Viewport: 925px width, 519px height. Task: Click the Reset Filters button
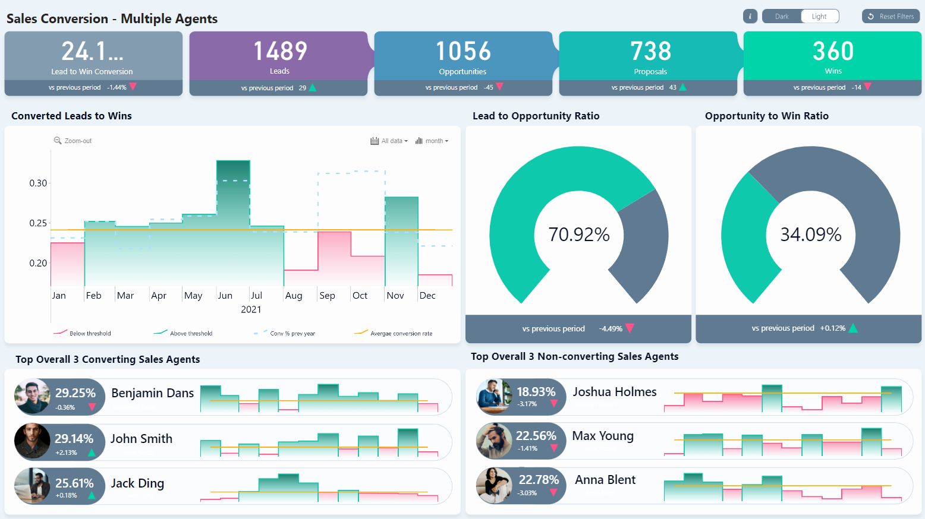(x=891, y=17)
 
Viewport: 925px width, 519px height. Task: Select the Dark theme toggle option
(x=782, y=17)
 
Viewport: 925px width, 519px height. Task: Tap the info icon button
(x=750, y=17)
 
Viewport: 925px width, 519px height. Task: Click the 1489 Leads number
(x=280, y=52)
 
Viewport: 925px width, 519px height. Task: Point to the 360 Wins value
(x=833, y=52)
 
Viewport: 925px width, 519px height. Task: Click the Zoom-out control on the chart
(x=73, y=141)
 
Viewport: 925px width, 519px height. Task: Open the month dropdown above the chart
(x=432, y=141)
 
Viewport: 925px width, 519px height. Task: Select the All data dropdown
(x=389, y=141)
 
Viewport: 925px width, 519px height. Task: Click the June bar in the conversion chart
(x=233, y=226)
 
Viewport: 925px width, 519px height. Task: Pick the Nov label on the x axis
(x=395, y=296)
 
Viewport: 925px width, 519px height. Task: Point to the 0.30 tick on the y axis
(x=38, y=183)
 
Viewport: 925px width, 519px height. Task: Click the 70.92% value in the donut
(x=578, y=235)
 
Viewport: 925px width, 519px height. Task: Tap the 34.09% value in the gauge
(x=810, y=235)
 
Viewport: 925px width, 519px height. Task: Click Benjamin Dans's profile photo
(x=32, y=397)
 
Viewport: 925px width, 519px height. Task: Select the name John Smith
(x=141, y=439)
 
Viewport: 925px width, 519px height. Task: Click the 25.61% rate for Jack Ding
(x=74, y=483)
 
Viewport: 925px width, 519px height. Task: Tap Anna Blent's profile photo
(x=494, y=486)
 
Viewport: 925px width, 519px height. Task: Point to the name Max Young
(x=603, y=436)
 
